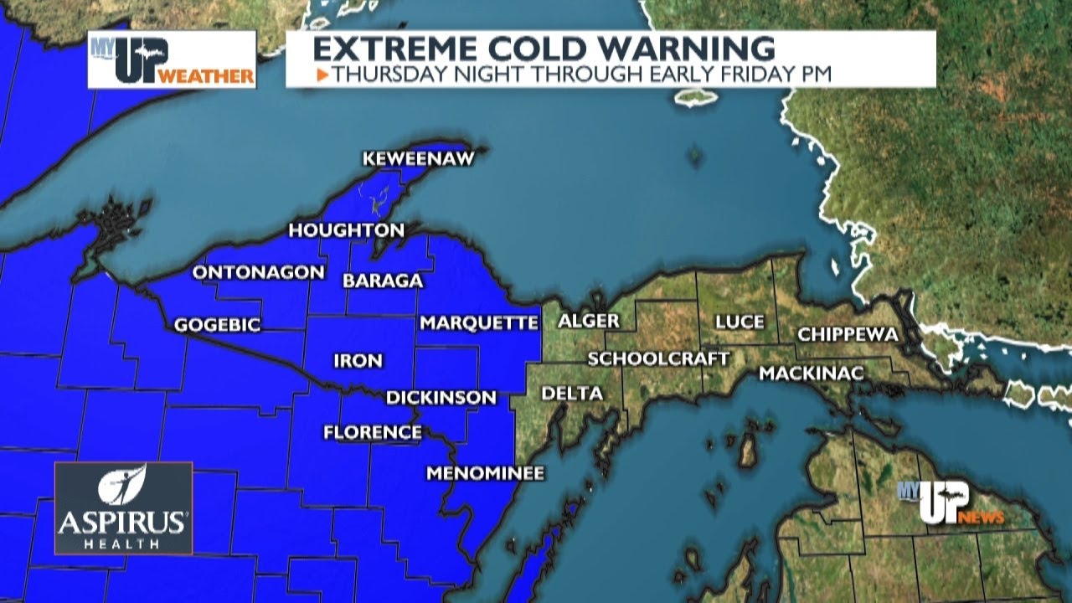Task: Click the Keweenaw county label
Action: coord(419,158)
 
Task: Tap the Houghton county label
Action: coord(347,229)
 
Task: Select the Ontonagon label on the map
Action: coord(259,272)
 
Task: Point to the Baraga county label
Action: coord(384,281)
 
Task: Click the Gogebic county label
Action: coord(218,325)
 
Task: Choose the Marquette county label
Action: coord(479,322)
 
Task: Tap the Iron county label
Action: coord(358,361)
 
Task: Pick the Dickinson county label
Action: coord(441,398)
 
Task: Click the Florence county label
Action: coord(373,432)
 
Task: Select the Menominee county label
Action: coord(486,473)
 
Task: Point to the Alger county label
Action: coord(589,321)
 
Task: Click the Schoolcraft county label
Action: coord(658,358)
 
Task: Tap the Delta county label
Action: coord(572,394)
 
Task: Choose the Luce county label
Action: coord(740,322)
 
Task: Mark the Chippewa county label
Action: coord(848,334)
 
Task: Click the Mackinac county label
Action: coord(811,374)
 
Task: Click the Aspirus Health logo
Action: coord(123,508)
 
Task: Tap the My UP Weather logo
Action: coord(172,59)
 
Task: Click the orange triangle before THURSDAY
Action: coord(322,75)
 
